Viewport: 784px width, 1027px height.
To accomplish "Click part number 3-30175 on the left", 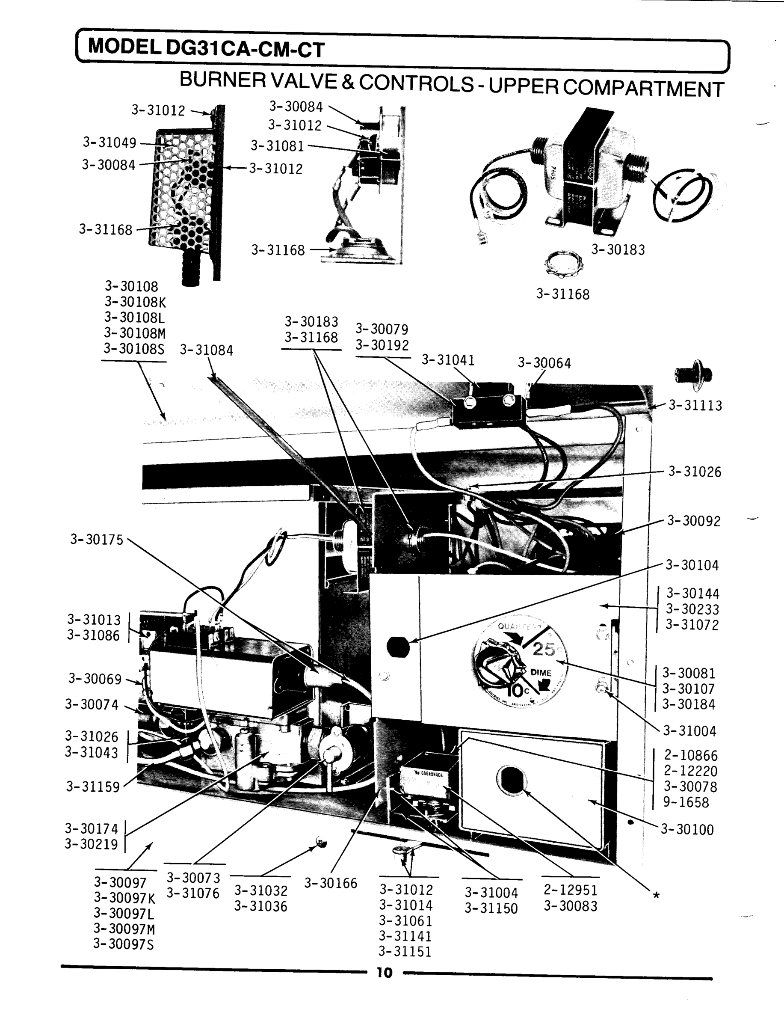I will coord(97,540).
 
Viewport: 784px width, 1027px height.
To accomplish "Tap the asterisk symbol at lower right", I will coord(656,896).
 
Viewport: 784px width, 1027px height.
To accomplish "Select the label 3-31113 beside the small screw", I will coord(695,406).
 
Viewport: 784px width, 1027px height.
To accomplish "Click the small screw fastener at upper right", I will coord(694,374).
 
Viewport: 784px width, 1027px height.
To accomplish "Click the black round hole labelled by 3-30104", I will coord(398,647).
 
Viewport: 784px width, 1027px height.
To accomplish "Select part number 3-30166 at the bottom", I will coord(331,884).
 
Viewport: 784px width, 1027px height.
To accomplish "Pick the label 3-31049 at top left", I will coord(109,142).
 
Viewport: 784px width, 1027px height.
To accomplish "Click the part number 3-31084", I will coord(207,350).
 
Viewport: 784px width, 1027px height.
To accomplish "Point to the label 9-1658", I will coord(686,802).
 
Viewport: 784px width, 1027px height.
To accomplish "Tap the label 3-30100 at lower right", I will coord(687,830).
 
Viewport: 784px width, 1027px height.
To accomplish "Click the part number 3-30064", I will coord(544,363).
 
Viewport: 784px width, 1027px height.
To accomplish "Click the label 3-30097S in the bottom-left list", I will coord(124,944).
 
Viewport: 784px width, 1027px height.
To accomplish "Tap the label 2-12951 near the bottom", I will coord(571,890).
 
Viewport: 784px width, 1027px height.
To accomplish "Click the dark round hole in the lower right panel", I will coord(511,780).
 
